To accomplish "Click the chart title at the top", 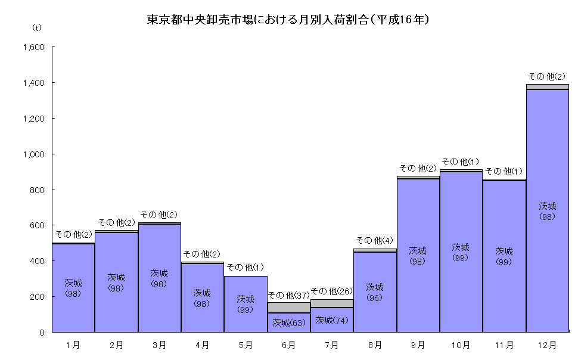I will pos(288,20).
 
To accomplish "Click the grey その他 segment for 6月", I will pos(289,307).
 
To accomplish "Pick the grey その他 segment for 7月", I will pos(332,303).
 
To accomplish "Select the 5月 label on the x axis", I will pos(246,345).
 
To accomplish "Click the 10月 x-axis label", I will pos(461,345).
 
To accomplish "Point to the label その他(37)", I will pos(288,294).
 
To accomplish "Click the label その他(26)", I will pos(332,291).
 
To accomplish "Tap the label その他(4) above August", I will pos(375,240).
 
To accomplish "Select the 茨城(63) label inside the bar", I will pos(289,323).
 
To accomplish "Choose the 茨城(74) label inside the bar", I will pos(332,321).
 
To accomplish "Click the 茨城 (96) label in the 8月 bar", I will pos(375,292).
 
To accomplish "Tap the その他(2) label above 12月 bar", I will pos(547,76).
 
